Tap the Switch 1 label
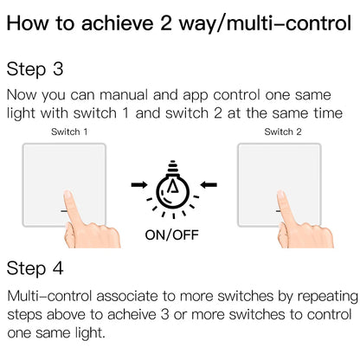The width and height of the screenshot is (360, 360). (70, 132)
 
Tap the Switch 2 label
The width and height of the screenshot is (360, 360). (283, 132)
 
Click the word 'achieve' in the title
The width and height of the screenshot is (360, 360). (132, 22)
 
